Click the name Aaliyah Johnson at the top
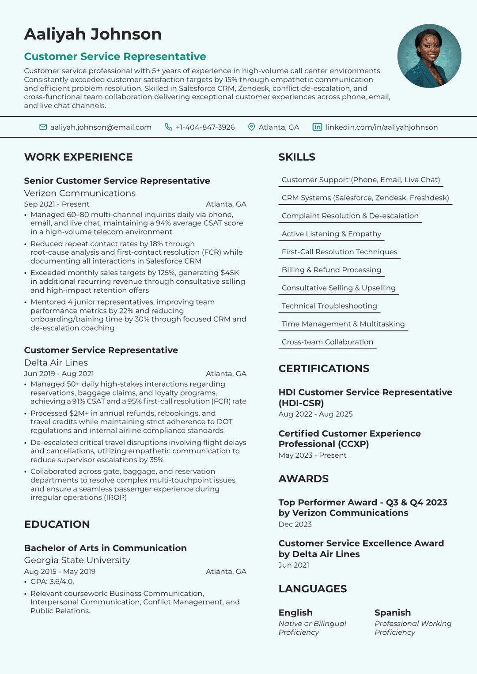(93, 34)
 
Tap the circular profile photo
(429, 56)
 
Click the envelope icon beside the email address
(43, 127)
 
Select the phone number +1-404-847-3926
(205, 127)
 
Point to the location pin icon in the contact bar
(251, 127)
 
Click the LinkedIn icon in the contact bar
(317, 127)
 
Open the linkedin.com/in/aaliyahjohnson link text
(382, 127)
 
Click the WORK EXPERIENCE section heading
(78, 157)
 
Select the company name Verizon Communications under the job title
(79, 193)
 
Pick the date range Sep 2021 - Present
(57, 204)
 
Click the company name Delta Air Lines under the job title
(56, 363)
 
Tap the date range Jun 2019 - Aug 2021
(59, 374)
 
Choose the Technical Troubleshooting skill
(329, 306)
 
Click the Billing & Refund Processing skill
(331, 270)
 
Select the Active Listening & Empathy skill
(331, 234)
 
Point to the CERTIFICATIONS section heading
(324, 369)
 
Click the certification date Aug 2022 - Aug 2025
(315, 414)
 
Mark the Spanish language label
(392, 613)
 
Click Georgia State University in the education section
(77, 560)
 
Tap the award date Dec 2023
(295, 524)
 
